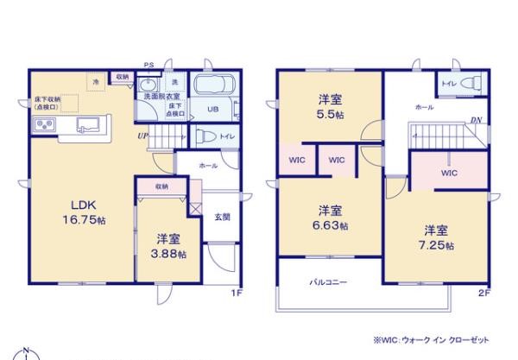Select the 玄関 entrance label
222,217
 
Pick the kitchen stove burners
45,127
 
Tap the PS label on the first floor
148,63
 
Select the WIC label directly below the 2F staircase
448,173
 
